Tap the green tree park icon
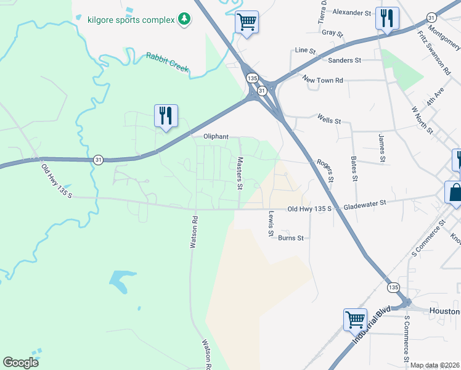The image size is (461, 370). (x=184, y=20)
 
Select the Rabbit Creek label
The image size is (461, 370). (x=167, y=62)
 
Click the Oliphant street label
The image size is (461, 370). (x=216, y=137)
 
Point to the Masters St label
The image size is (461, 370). (x=240, y=173)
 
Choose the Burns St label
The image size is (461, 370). (x=291, y=237)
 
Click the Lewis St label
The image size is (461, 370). (x=271, y=224)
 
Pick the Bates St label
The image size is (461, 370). (x=354, y=168)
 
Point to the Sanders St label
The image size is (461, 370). (x=345, y=60)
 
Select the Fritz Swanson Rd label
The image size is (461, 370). (x=434, y=53)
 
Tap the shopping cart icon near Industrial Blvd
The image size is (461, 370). (x=356, y=319)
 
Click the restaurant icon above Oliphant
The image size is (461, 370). (x=166, y=115)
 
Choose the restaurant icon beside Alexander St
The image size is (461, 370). (x=387, y=18)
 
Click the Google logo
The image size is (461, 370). (x=20, y=363)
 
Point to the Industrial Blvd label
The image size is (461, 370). (x=372, y=324)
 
